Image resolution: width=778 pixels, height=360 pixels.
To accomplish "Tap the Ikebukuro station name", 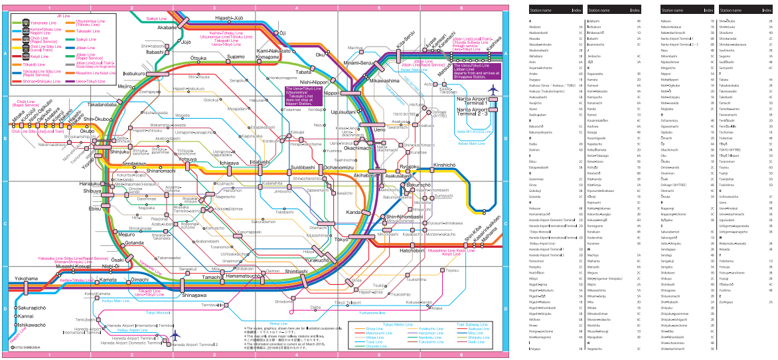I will pyautogui.click(x=134, y=73).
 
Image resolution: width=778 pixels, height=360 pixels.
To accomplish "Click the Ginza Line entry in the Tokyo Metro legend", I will pyautogui.click(x=375, y=328).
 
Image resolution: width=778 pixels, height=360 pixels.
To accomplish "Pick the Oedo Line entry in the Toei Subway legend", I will pyautogui.click(x=477, y=342).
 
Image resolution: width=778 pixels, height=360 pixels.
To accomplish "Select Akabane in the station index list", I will pyautogui.click(x=536, y=27).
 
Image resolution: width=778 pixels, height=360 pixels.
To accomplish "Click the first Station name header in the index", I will pyautogui.click(x=542, y=11).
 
